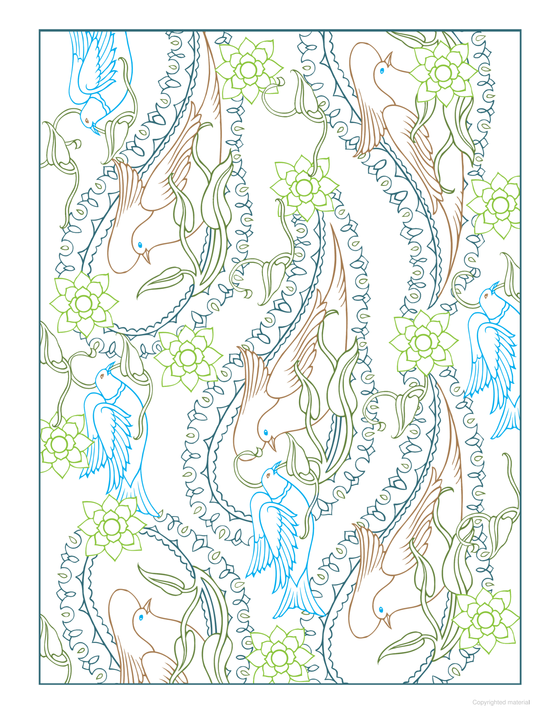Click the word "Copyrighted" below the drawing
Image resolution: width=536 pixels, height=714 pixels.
point(489,702)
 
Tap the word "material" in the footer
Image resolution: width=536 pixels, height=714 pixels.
point(518,702)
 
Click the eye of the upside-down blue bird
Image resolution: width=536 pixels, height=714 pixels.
point(87,121)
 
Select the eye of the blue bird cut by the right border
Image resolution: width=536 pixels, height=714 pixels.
point(486,296)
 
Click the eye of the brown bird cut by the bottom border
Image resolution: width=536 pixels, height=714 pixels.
point(141,617)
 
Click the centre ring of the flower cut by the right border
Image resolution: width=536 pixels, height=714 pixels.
point(500,205)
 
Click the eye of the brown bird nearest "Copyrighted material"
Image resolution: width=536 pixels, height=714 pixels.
point(381,609)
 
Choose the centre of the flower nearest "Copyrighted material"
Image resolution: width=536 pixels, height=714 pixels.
point(485,619)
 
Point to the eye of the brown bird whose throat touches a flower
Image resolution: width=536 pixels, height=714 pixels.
point(382,71)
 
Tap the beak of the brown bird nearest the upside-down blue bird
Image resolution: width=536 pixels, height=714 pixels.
point(147,256)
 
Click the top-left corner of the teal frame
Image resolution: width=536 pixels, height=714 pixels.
point(40,31)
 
